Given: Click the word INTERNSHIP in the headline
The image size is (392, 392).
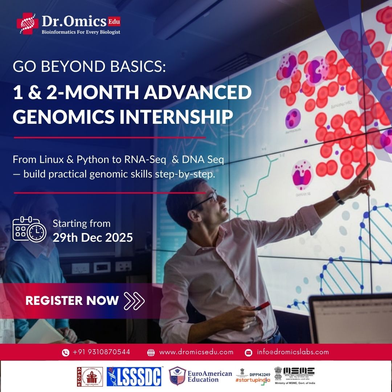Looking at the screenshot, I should pos(168,116).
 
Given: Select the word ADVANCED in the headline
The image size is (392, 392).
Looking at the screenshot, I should pos(197,93).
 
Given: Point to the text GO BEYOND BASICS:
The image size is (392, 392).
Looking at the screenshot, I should pos(89,67).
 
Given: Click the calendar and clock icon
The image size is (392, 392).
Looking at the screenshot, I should pos(29,229).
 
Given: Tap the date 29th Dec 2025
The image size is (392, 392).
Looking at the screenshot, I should pos(93,237).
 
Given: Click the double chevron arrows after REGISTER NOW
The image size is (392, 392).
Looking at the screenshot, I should pos(134,301).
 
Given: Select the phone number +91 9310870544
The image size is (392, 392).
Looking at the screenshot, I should pos(101,352).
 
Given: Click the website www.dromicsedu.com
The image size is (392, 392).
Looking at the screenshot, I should pos(196,352).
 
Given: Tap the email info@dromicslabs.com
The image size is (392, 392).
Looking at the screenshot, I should pos(293,352).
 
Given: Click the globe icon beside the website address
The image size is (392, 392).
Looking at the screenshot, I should pos(151,352).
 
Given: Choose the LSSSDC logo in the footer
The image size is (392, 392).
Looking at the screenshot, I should pos(134,376).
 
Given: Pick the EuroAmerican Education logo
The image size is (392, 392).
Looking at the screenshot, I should pos(201,376).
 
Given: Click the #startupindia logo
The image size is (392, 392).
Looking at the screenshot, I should pos(253,376).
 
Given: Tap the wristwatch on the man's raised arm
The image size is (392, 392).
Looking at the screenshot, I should pos(339,197).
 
